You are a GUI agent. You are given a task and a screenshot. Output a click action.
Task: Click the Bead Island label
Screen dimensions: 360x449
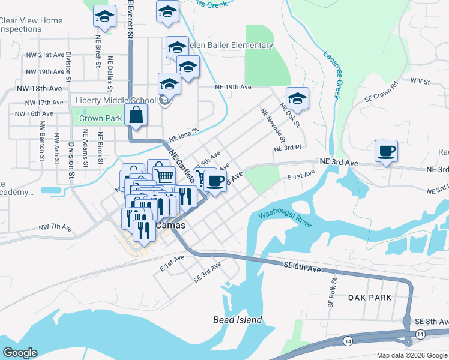[238, 320]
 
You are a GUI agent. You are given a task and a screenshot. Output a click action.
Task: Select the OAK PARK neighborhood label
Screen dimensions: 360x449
[369, 298]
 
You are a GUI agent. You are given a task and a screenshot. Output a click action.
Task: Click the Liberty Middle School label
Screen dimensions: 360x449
[116, 100]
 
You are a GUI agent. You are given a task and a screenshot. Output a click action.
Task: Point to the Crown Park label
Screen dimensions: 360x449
[100, 118]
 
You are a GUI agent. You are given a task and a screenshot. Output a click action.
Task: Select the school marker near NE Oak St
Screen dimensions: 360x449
[297, 97]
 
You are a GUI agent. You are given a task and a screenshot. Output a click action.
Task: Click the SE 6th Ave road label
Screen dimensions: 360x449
[299, 266]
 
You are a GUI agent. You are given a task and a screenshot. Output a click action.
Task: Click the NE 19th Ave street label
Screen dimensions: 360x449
[234, 87]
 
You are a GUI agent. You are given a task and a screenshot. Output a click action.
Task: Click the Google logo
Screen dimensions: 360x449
[20, 353]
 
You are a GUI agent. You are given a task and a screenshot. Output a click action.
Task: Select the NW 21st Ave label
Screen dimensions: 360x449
[45, 55]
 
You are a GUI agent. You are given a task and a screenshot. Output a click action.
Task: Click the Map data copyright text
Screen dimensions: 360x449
[411, 355]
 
